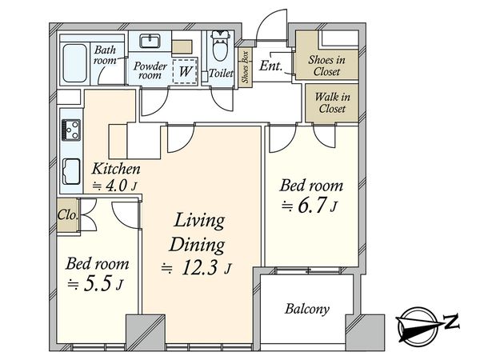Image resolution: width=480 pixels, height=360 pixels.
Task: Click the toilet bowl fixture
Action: (220, 46)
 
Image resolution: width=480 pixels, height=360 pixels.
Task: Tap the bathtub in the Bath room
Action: (74, 63)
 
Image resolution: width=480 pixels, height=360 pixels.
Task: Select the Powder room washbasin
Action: (150, 41)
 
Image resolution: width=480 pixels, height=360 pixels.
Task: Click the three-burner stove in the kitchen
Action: (71, 130)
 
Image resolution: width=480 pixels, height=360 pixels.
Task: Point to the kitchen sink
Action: (71, 172)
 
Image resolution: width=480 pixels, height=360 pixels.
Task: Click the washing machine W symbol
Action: (186, 71)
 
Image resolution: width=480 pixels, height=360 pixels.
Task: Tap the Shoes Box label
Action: (246, 67)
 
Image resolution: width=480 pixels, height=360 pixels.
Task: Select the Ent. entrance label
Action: (271, 66)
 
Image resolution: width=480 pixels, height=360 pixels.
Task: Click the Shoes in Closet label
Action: (326, 66)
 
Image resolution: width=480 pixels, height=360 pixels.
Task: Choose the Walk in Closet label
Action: (332, 102)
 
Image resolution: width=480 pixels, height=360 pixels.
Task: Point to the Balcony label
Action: (307, 309)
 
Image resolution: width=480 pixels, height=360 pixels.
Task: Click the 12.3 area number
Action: (199, 268)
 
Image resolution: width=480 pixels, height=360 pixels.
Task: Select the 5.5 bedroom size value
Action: (97, 284)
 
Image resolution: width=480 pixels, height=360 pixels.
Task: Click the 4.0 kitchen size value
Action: (116, 186)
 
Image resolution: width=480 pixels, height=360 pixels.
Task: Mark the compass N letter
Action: (451, 322)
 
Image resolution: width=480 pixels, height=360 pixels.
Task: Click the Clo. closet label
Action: (68, 215)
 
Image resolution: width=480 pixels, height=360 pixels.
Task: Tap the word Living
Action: (199, 221)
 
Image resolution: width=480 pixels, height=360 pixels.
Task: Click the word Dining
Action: (197, 246)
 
